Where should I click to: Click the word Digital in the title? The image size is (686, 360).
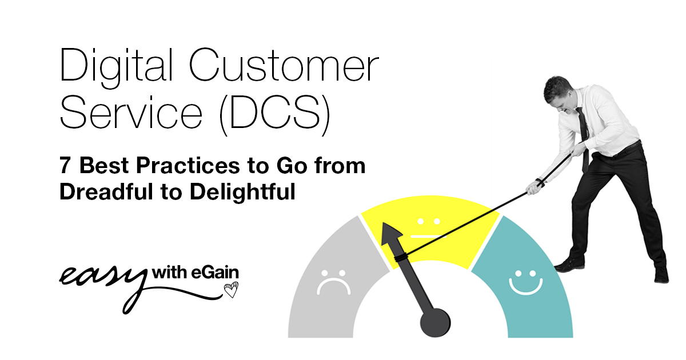pyautogui.click(x=109, y=67)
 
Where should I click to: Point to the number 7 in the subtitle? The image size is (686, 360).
pyautogui.click(x=66, y=166)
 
